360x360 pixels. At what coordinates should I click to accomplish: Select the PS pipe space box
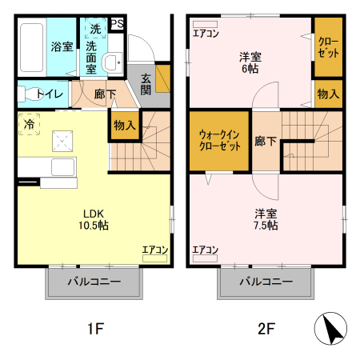click(x=117, y=24)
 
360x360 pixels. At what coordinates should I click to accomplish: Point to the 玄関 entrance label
click(x=147, y=83)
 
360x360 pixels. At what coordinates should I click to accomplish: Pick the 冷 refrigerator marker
click(x=30, y=125)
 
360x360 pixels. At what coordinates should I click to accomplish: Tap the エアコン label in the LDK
click(x=154, y=250)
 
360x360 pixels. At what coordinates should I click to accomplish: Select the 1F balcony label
click(x=94, y=282)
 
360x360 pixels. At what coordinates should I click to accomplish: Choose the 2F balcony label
click(x=265, y=282)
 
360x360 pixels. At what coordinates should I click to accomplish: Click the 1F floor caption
click(x=94, y=328)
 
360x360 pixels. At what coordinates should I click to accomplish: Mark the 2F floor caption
click(x=266, y=328)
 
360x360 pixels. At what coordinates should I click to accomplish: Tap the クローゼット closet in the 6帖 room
click(x=327, y=46)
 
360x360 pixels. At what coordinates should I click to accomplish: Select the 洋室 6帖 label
click(x=250, y=62)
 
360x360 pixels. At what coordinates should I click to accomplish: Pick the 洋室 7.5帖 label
click(x=266, y=219)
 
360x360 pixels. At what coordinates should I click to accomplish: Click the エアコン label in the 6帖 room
click(x=206, y=33)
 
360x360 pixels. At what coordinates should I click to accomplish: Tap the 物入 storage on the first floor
click(x=123, y=126)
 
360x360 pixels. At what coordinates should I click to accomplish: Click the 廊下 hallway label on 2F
click(x=266, y=141)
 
